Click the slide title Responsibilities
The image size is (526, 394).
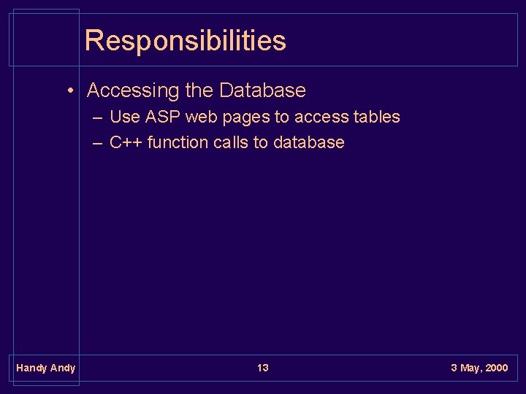[185, 40]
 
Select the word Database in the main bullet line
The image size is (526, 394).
[262, 90]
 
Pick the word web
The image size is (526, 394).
[202, 117]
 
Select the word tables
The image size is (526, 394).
[376, 117]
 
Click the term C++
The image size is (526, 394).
[126, 142]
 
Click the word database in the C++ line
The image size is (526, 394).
[308, 142]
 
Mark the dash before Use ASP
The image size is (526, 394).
[98, 117]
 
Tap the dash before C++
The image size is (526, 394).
[98, 143]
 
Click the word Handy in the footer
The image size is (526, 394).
[31, 368]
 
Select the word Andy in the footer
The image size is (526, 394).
[62, 368]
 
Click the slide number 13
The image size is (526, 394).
[263, 368]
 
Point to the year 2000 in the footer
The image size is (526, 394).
[496, 368]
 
